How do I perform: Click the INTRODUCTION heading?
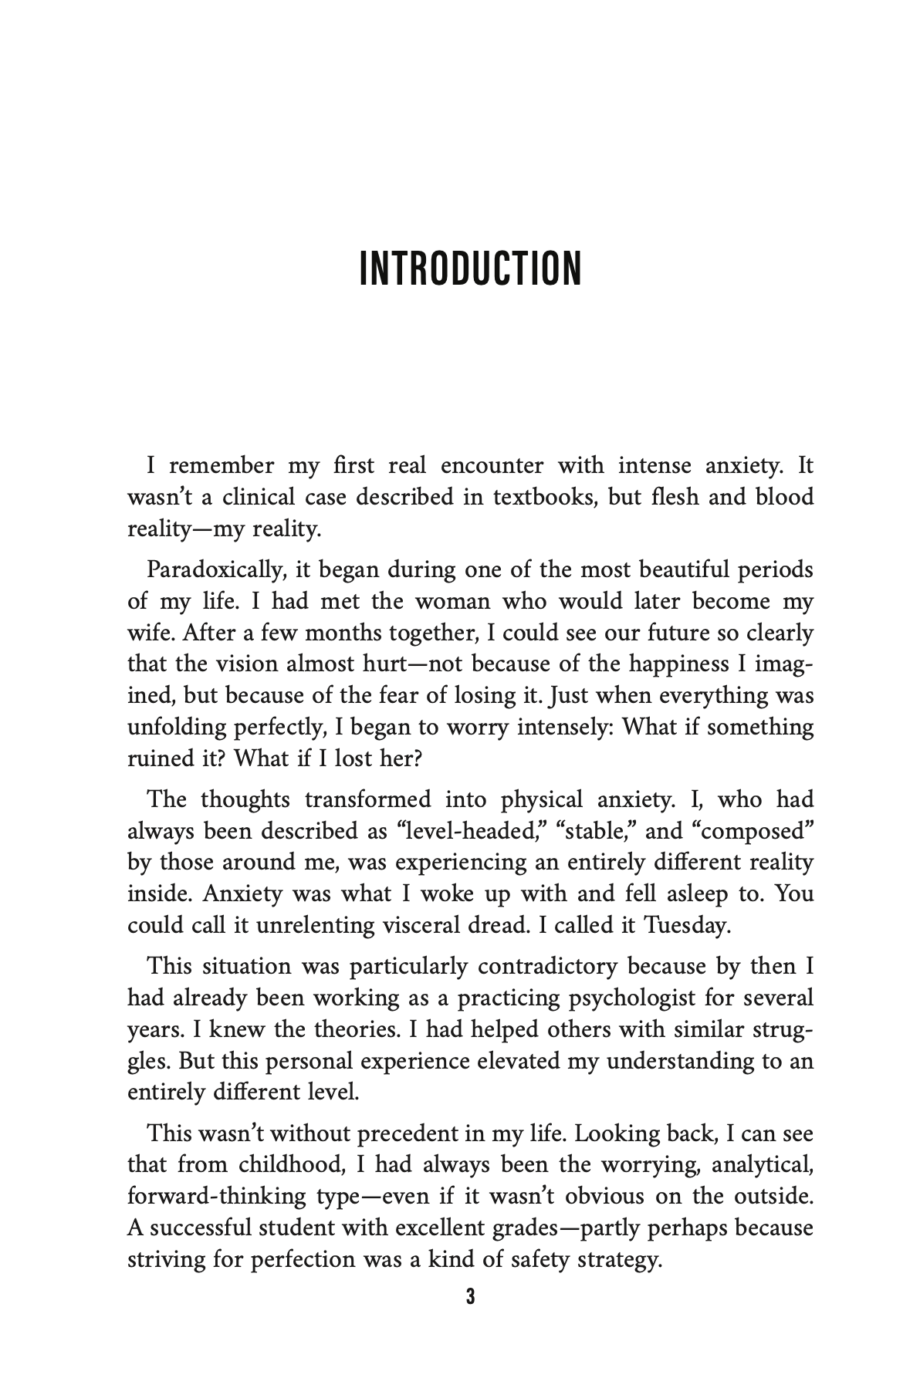click(x=470, y=268)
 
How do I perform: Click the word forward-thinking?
click(x=217, y=1197)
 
